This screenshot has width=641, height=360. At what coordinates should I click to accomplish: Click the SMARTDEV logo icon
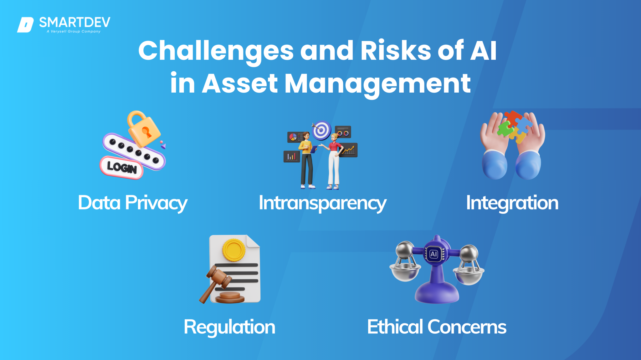pos(25,25)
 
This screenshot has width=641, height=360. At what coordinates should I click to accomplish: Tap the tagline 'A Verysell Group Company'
pos(74,31)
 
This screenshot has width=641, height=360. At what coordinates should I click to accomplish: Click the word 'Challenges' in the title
pos(216,51)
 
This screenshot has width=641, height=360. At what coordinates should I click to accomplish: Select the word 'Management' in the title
pos(377,84)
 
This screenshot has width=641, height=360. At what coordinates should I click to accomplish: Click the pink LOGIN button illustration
pos(122,167)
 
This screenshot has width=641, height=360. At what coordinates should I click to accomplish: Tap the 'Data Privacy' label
pos(133,203)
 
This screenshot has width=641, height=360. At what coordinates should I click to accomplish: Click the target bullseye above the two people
pos(322,130)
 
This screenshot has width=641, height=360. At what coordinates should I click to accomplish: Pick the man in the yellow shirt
pos(306,160)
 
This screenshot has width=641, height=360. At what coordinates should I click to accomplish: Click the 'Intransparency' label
pos(322,203)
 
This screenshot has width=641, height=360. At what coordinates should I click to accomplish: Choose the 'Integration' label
pos(512,203)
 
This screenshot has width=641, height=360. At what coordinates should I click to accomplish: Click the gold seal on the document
pos(233,250)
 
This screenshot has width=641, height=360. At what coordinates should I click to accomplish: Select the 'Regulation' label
pos(229,327)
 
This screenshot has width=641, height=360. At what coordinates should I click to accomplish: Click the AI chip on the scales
pos(434,254)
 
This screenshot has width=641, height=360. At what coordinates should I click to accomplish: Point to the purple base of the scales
pos(437,294)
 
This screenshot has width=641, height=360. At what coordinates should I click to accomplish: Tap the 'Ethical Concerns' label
pos(437,327)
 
